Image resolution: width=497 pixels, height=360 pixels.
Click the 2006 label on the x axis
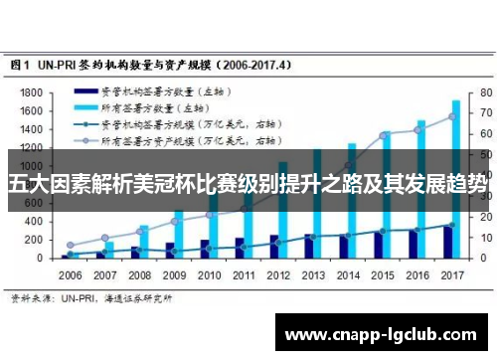(x=71, y=274)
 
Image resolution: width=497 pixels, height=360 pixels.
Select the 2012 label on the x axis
(x=280, y=274)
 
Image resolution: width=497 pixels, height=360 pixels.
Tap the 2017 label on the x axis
(x=453, y=274)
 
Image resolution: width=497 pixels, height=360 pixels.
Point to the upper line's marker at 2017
(x=452, y=116)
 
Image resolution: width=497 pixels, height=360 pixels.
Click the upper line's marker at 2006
(x=70, y=245)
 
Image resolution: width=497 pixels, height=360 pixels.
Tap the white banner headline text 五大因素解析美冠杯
(x=248, y=183)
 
